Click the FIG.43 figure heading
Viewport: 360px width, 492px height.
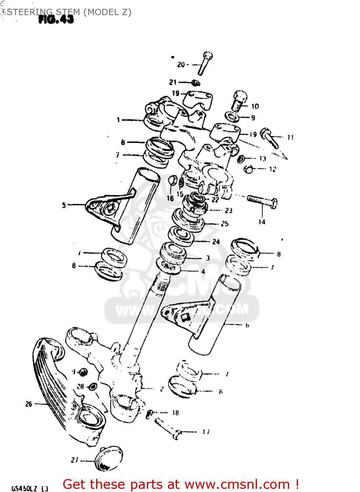tap(56, 20)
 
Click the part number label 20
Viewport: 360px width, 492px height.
tap(181, 65)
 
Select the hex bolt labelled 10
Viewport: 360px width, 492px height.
tap(239, 100)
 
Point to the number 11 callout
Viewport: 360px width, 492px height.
tap(290, 137)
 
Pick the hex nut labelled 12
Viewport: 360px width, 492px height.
tap(249, 169)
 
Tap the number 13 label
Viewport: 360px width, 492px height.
tap(263, 159)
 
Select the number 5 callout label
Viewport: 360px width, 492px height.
tap(64, 205)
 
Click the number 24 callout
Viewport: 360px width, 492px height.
tap(216, 242)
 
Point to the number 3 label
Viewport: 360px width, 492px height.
tap(208, 258)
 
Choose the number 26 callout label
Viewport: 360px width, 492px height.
tap(29, 404)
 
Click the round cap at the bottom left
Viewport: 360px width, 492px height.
tap(109, 459)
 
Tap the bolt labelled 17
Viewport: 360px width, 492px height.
tap(167, 428)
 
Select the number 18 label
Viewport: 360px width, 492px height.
tap(175, 413)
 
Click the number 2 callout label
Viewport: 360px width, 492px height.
tap(162, 389)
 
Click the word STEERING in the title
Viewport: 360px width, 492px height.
tap(28, 12)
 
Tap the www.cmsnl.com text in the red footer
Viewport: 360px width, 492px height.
tap(237, 484)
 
